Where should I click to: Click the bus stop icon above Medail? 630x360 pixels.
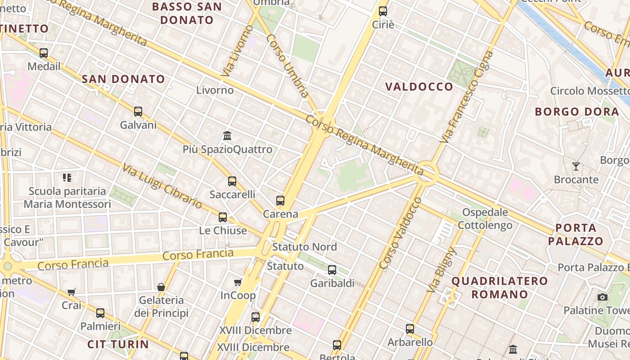[44, 53]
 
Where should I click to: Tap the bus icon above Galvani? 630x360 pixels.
[138, 111]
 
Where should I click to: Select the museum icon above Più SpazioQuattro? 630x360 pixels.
[227, 135]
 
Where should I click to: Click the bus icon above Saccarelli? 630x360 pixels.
[232, 181]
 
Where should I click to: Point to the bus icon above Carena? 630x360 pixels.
[280, 201]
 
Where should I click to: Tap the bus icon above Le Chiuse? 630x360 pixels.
[223, 217]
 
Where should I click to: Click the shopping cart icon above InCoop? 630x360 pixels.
[238, 282]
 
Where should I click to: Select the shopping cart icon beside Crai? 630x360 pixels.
[72, 292]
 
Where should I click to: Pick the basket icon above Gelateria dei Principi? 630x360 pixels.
[161, 287]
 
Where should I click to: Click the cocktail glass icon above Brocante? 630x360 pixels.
[576, 166]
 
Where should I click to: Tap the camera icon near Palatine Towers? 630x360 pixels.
[603, 297]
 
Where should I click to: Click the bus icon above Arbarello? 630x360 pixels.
[410, 329]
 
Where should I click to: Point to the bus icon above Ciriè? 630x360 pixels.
[383, 11]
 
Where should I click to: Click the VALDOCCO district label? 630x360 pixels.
[419, 87]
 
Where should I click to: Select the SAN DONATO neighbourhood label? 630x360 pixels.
[123, 79]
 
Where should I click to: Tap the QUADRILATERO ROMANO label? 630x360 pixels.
[499, 288]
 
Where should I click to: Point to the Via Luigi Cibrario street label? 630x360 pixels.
[162, 186]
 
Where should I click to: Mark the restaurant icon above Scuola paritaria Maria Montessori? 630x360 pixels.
[67, 178]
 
